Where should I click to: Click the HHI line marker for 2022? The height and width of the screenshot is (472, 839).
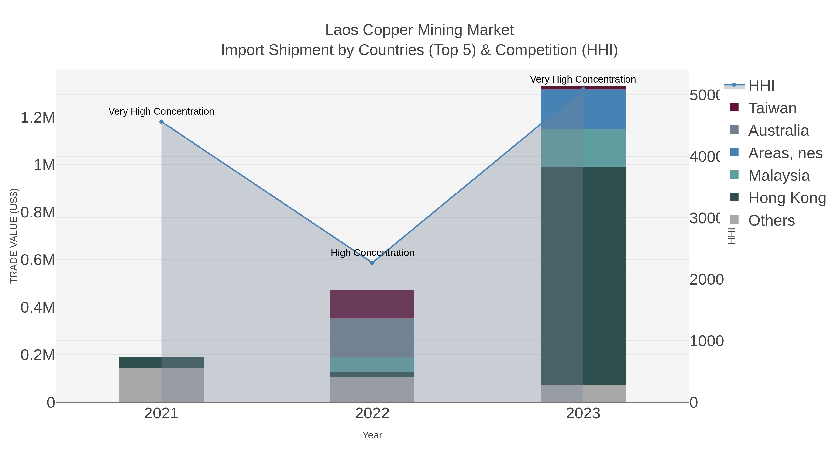372,262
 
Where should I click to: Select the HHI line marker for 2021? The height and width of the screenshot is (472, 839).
161,121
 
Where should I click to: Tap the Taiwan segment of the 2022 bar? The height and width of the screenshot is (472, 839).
372,304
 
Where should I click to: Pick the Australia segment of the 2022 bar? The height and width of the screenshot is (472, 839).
372,338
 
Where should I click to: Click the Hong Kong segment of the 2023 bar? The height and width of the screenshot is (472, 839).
583,276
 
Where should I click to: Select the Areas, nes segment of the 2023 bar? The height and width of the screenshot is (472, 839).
583,109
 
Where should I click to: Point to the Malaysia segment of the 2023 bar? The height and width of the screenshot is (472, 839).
583,148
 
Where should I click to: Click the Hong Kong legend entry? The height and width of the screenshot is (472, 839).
787,198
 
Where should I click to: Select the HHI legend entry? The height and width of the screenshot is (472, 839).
761,86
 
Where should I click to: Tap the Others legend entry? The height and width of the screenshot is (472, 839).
771,220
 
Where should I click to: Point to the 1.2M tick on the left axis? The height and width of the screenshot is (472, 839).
38,117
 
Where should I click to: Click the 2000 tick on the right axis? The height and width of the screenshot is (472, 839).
706,279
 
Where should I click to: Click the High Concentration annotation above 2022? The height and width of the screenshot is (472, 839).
372,252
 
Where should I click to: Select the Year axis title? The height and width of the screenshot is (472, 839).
372,435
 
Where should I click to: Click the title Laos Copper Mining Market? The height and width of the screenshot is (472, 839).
419,30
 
